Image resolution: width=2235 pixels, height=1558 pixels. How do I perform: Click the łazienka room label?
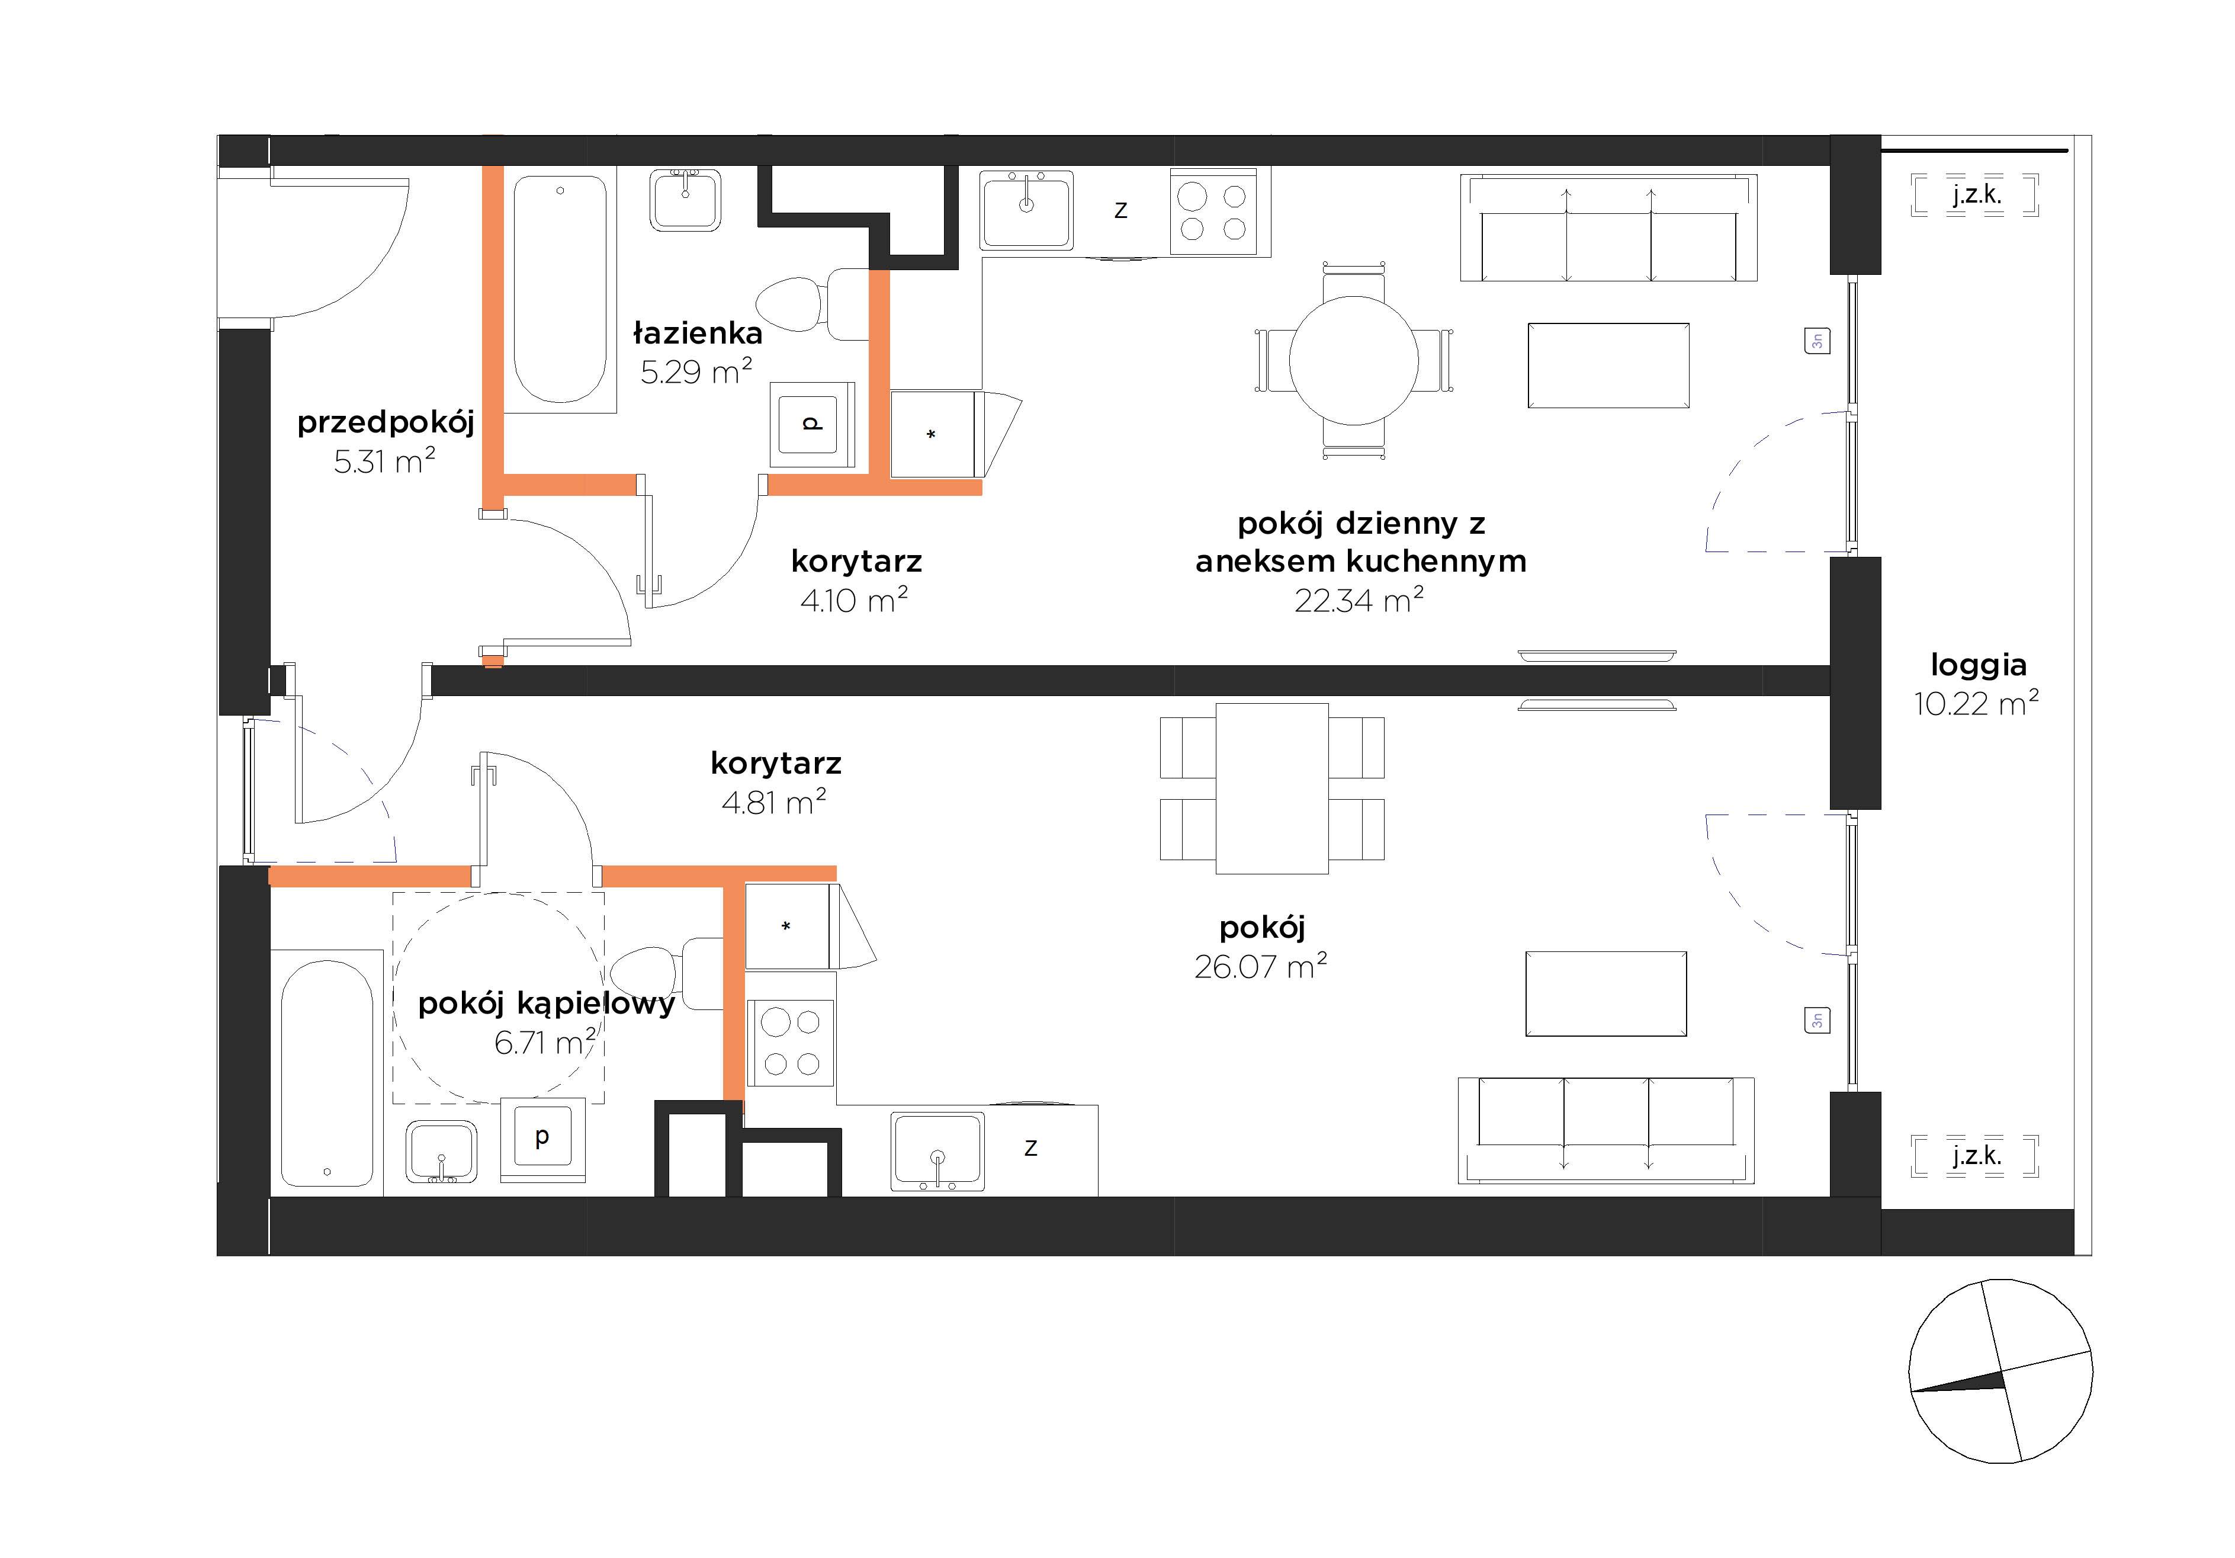(698, 333)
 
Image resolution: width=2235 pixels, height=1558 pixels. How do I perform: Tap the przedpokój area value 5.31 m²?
(384, 460)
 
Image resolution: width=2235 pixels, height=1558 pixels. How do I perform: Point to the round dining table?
(1354, 360)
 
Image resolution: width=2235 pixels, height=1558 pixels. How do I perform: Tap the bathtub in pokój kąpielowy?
(327, 1073)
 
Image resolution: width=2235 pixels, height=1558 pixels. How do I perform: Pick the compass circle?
(2000, 1370)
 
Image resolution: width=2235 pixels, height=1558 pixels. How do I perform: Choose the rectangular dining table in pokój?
(1272, 788)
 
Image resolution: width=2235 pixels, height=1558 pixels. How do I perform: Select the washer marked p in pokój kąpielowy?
(542, 1139)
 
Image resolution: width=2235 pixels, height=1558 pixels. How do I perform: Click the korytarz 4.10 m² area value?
(854, 600)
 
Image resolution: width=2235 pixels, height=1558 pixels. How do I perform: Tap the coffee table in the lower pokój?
(1606, 993)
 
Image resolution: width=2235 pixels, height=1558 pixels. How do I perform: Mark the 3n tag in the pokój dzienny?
(1816, 341)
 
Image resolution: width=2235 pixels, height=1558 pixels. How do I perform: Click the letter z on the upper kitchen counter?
(1120, 210)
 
